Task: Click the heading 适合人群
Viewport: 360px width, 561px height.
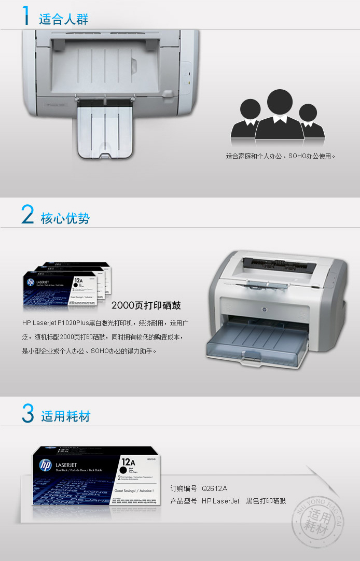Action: point(64,20)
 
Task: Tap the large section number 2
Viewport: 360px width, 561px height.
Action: point(27,215)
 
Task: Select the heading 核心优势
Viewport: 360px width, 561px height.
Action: point(65,218)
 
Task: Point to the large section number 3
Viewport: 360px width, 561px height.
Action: point(28,413)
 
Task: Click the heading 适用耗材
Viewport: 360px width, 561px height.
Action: point(66,416)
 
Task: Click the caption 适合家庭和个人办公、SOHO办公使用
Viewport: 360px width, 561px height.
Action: point(281,156)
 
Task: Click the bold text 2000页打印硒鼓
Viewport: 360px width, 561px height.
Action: point(146,305)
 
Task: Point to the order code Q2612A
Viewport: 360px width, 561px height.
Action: point(215,488)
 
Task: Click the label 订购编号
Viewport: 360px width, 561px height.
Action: point(184,488)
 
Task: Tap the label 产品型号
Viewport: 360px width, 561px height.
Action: point(184,501)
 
